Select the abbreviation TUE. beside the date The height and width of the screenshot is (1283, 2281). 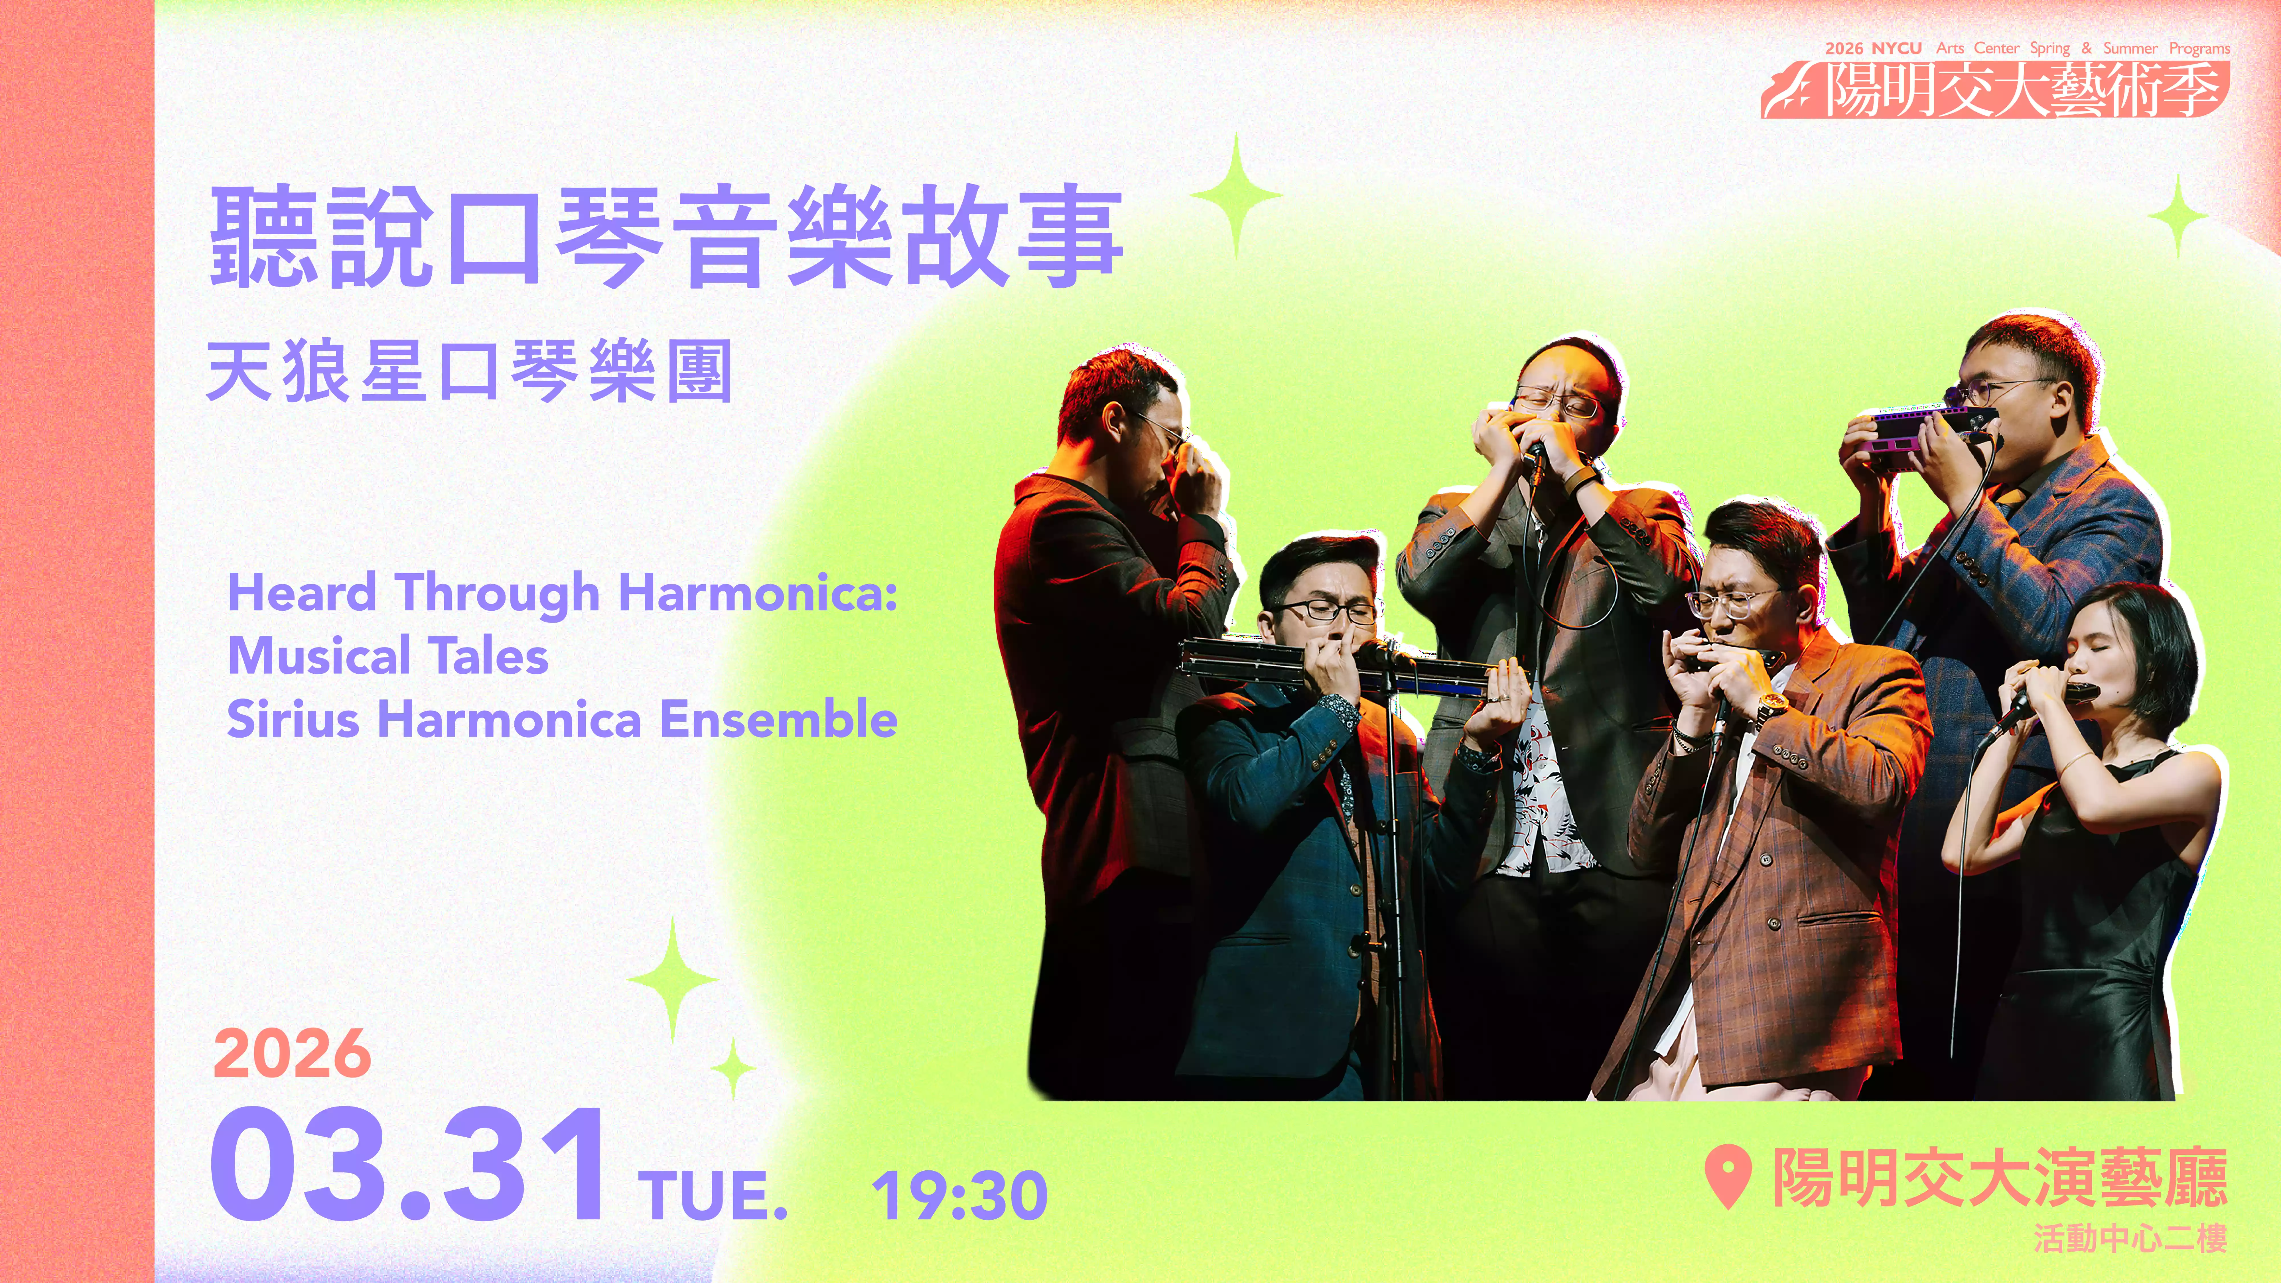(x=713, y=1195)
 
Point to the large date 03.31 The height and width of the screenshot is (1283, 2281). (x=407, y=1164)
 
